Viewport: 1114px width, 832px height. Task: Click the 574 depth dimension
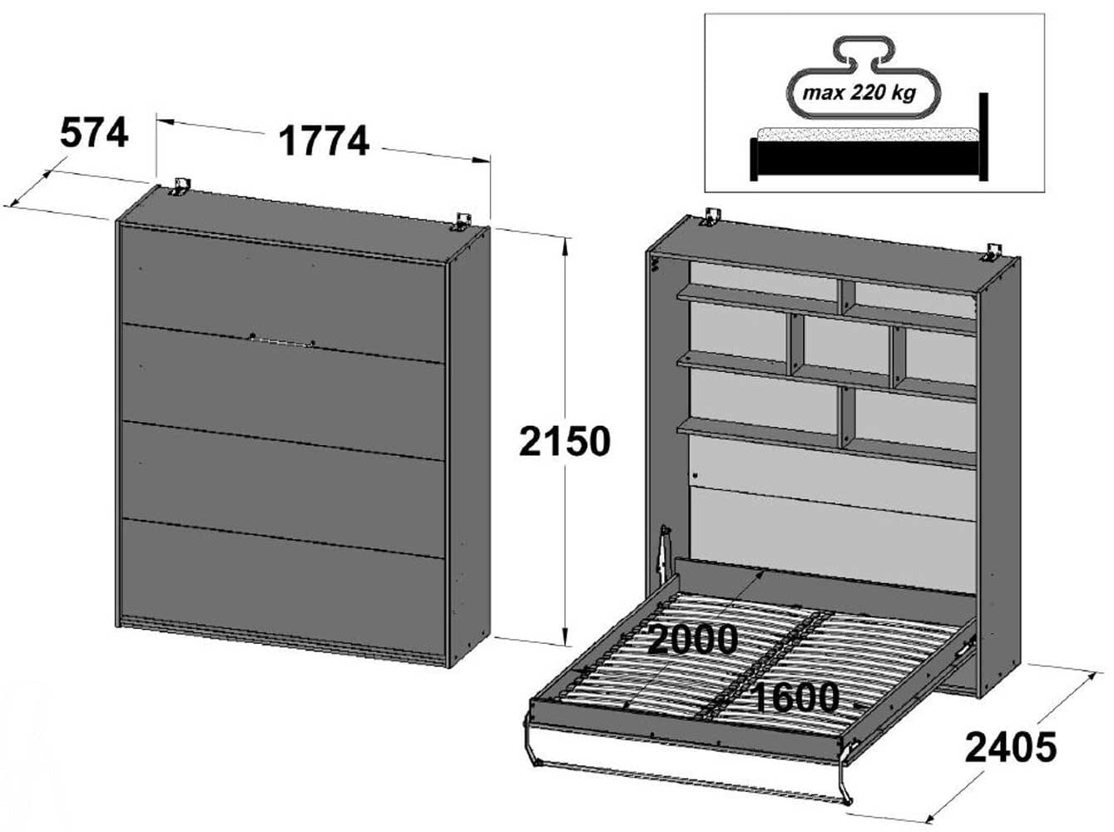click(94, 133)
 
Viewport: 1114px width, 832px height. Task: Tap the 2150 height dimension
click(564, 441)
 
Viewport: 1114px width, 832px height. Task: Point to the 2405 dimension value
click(1010, 746)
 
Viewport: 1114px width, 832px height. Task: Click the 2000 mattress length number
click(692, 639)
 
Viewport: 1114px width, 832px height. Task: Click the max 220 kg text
click(858, 92)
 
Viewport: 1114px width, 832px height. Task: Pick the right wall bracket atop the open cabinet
click(992, 250)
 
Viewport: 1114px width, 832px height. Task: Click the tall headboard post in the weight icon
click(983, 137)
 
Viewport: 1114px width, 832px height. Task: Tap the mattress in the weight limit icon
click(865, 134)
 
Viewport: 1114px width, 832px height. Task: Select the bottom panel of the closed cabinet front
click(283, 582)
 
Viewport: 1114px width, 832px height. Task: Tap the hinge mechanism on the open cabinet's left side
click(664, 553)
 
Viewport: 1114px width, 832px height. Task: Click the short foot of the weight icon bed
click(755, 159)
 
